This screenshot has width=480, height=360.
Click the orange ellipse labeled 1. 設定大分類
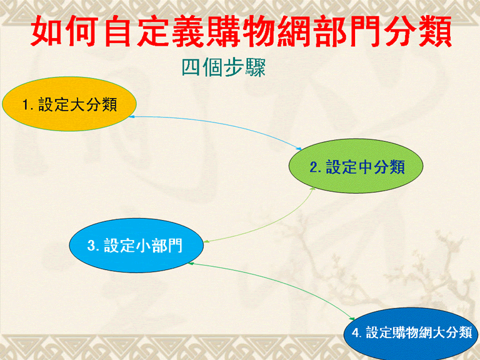69,104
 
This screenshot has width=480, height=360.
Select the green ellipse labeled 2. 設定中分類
356,166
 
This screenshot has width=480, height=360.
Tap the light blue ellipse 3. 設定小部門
136,245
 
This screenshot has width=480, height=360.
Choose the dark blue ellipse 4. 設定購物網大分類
411,334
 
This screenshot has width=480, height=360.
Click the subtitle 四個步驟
224,67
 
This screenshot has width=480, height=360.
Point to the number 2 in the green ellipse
314,167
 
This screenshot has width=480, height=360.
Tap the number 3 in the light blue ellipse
91,246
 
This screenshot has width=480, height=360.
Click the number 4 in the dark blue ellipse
356,332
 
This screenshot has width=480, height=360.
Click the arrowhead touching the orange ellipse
132,117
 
